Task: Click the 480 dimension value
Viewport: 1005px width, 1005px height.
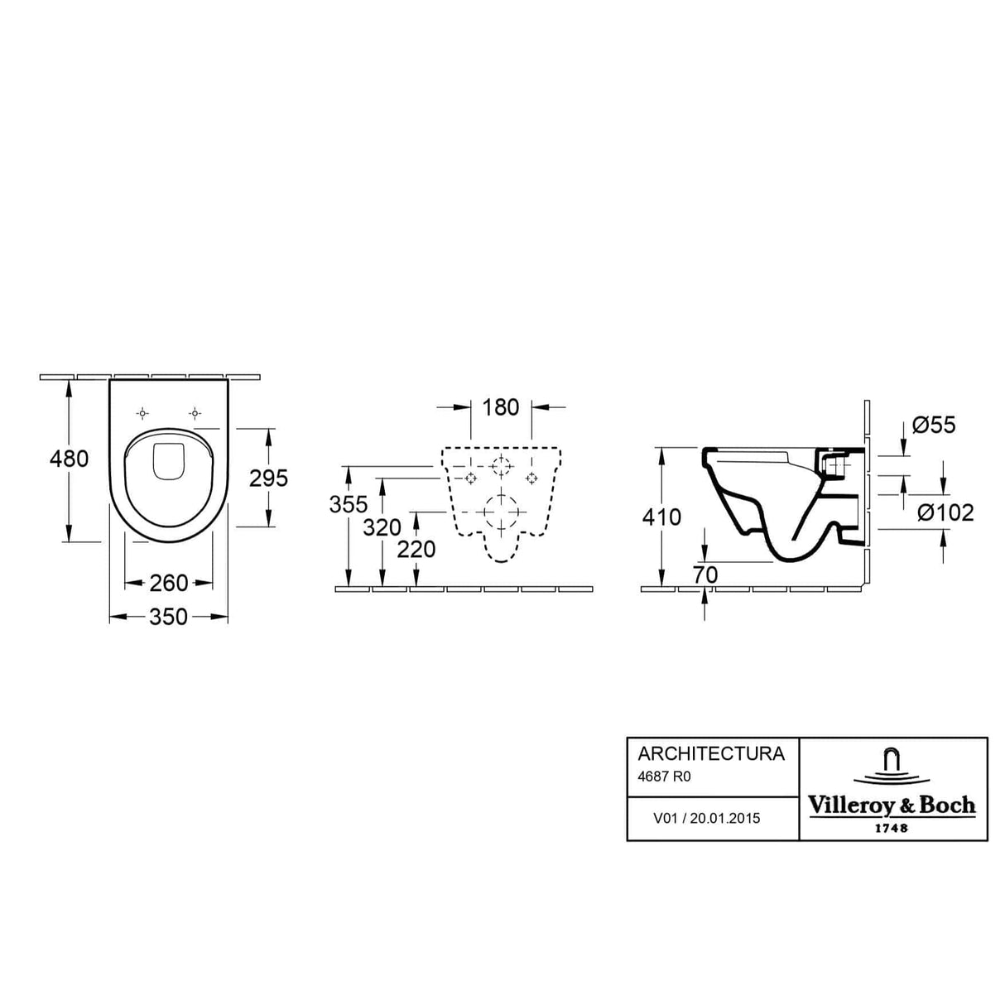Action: (70, 458)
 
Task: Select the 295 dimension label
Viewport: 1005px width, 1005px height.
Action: (268, 478)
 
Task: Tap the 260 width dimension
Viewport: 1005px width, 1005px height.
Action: (169, 584)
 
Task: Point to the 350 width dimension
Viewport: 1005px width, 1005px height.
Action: (169, 617)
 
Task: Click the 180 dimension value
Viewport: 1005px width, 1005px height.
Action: (501, 407)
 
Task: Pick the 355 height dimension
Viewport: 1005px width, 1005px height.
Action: (349, 504)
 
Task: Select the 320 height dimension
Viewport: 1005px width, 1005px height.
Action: (382, 527)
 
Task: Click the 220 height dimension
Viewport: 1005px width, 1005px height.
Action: (416, 549)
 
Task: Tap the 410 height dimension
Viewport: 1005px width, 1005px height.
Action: (661, 517)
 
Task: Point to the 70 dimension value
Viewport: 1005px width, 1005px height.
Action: (704, 574)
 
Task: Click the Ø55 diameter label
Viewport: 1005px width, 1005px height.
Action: (934, 426)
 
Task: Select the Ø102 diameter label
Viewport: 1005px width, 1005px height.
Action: (945, 513)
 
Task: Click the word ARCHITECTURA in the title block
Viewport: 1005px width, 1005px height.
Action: (710, 754)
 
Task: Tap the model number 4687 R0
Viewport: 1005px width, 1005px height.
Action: (664, 777)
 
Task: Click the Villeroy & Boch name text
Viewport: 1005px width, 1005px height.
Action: (892, 805)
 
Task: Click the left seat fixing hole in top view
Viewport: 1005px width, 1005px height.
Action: (143, 413)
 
